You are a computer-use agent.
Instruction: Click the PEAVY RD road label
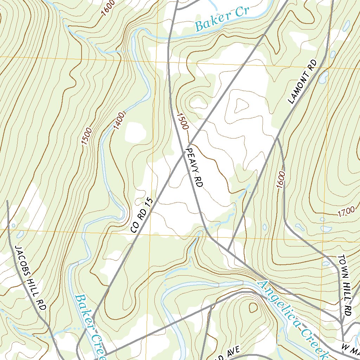[194, 167]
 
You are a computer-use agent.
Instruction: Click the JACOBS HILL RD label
[30, 278]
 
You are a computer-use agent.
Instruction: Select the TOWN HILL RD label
[345, 285]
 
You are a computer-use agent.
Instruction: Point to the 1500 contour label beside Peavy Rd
[183, 121]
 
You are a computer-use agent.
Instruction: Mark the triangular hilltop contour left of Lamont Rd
[241, 105]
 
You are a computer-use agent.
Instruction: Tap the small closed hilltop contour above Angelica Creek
[253, 308]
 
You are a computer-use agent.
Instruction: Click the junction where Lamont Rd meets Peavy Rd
[228, 251]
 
